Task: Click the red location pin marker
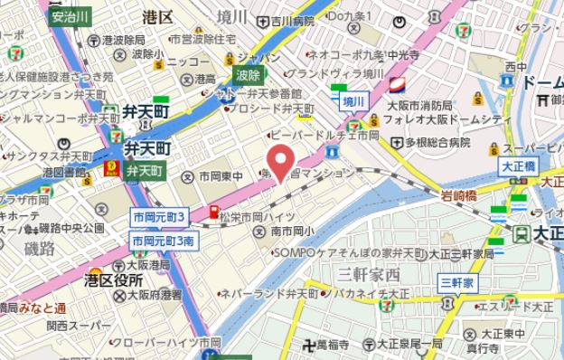click(284, 163)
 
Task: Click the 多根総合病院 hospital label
click(437, 142)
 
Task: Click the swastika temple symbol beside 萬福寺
click(319, 344)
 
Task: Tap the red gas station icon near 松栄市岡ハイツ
click(215, 213)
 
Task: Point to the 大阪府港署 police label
click(150, 295)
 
